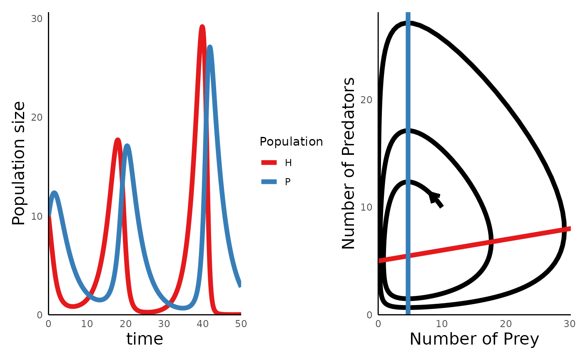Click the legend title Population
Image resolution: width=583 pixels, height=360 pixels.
pyautogui.click(x=291, y=142)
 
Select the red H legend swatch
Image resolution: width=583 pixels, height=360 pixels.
pyautogui.click(x=269, y=163)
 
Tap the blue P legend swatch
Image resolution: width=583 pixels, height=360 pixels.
pyautogui.click(x=269, y=181)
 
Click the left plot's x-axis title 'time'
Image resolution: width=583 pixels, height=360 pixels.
pyautogui.click(x=145, y=339)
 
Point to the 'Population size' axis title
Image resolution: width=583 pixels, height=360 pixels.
pyautogui.click(x=19, y=163)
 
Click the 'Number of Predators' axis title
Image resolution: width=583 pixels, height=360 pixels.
pyautogui.click(x=349, y=163)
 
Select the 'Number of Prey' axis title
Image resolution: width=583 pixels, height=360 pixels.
pyautogui.click(x=474, y=339)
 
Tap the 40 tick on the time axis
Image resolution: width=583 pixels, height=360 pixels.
pyautogui.click(x=202, y=324)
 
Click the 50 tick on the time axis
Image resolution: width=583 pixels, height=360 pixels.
pyautogui.click(x=241, y=324)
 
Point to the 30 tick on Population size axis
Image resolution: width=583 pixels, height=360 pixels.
pyautogui.click(x=37, y=19)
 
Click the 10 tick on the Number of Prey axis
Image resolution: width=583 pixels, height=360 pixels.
pyautogui.click(x=442, y=324)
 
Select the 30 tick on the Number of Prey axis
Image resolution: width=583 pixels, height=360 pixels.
pyautogui.click(x=570, y=324)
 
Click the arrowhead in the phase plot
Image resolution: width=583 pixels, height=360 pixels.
pyautogui.click(x=434, y=197)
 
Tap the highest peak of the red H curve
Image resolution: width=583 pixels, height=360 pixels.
pyautogui.click(x=202, y=27)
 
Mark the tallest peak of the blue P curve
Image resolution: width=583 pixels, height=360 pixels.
pyautogui.click(x=210, y=47)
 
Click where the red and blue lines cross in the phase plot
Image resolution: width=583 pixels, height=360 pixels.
pyautogui.click(x=408, y=256)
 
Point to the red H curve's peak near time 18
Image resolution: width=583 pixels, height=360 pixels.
pyautogui.click(x=117, y=140)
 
